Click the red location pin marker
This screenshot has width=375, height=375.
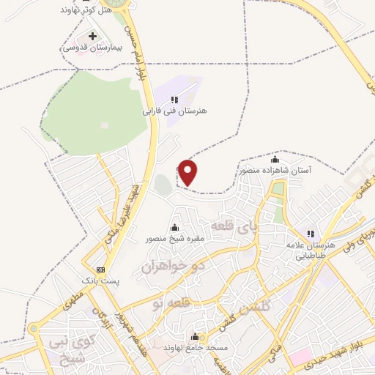[188, 172]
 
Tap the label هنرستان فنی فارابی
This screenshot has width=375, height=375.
[175, 111]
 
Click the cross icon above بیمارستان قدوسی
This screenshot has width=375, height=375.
[92, 36]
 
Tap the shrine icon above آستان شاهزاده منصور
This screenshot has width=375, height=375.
[275, 159]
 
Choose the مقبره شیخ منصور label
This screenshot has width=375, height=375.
[174, 238]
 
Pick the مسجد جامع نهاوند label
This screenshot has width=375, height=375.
[195, 347]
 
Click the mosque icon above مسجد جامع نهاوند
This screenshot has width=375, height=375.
[195, 337]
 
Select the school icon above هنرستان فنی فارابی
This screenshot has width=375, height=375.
[174, 100]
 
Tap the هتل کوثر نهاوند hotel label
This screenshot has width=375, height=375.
[87, 10]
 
